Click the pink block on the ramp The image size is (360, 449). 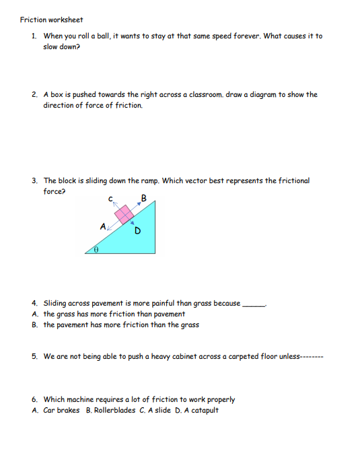pyautogui.click(x=123, y=214)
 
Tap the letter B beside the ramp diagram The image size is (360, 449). pyautogui.click(x=143, y=197)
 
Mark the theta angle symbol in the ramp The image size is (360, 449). pyautogui.click(x=96, y=249)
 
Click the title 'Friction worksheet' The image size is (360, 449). pyautogui.click(x=51, y=20)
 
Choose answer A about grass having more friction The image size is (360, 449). pyautogui.click(x=114, y=314)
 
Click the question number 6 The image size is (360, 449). pyautogui.click(x=34, y=399)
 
